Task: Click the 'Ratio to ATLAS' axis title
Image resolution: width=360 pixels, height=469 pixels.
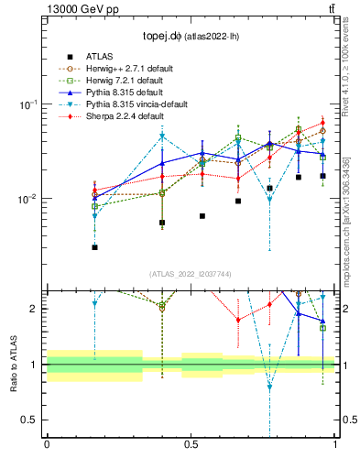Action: [x=12, y=365]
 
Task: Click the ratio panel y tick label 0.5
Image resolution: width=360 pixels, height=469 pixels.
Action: [x=31, y=420]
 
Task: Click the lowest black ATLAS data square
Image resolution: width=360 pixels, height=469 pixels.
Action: [x=95, y=247]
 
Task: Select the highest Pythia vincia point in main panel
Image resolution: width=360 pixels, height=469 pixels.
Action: [x=162, y=136]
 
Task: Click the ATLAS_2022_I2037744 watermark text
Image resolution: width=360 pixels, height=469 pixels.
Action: [x=190, y=274]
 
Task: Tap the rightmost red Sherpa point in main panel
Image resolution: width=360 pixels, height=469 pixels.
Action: [x=322, y=123]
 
